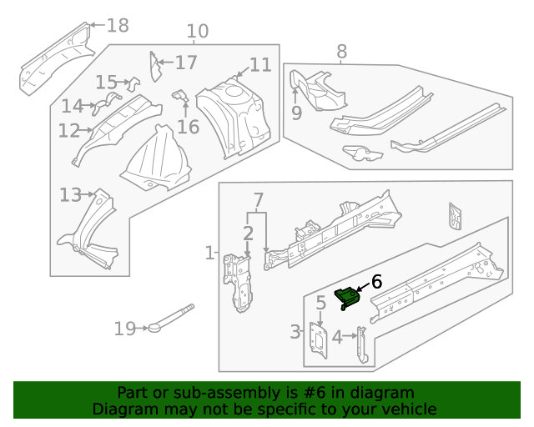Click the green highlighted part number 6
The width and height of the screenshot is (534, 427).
click(347, 297)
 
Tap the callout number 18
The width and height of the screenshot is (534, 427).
click(118, 25)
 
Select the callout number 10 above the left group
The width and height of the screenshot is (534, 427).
click(197, 32)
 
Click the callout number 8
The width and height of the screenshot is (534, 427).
click(341, 52)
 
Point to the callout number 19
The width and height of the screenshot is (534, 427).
click(124, 329)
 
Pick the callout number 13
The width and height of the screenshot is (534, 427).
click(69, 195)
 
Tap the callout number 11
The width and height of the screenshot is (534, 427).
click(260, 65)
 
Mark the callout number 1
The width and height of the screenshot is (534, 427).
click(209, 252)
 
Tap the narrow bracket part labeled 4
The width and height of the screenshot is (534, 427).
click(361, 344)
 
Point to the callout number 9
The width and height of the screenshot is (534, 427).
click(296, 113)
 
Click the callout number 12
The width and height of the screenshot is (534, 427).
click(68, 131)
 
